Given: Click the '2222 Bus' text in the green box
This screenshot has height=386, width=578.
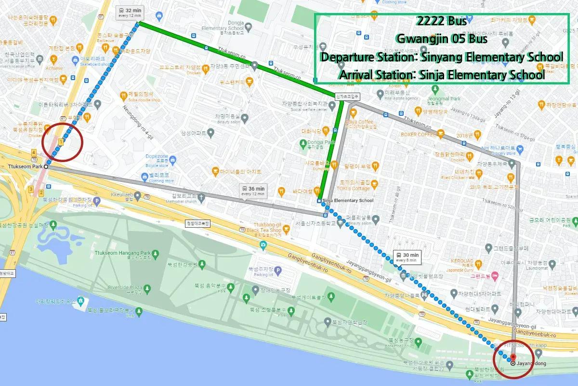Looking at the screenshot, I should coord(441,22).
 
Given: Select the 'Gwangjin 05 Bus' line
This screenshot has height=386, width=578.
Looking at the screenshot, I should coord(441,39).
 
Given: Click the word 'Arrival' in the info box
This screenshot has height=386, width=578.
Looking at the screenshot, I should coord(357,75).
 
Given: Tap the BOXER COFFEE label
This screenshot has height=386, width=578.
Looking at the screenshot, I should coord(418,135).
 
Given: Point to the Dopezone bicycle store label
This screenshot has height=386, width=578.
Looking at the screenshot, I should coord(157,157).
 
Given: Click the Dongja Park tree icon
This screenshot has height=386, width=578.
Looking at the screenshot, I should coord(303,142).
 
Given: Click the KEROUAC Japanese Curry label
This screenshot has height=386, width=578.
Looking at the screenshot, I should coord(462,262).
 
